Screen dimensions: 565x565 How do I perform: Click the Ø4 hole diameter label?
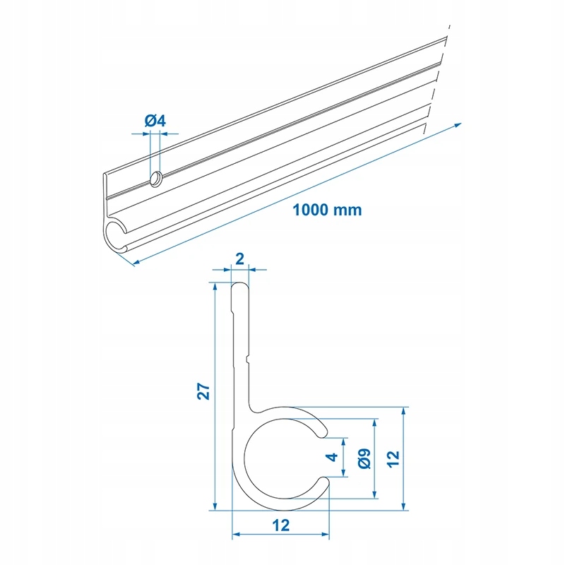(155, 121)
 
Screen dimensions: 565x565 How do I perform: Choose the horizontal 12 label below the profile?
(281, 525)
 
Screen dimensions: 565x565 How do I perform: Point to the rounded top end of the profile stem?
(240, 284)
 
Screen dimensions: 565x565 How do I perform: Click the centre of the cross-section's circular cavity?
(281, 457)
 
